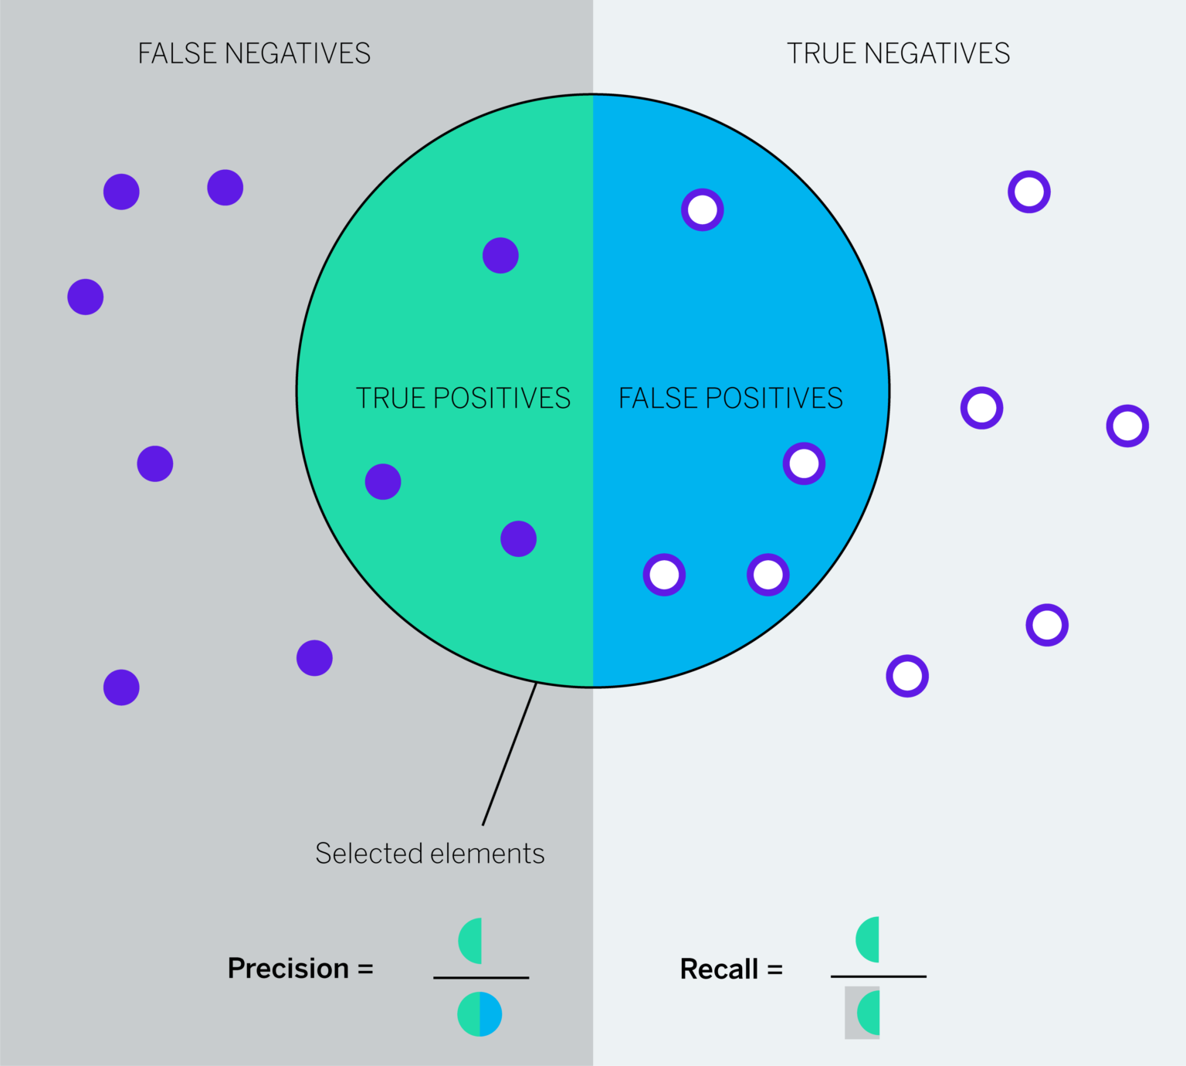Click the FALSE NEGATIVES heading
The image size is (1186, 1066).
tap(254, 53)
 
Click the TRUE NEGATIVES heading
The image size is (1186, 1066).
tap(898, 53)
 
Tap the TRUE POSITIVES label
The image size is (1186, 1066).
tap(463, 398)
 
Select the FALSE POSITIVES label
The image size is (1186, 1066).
tap(730, 398)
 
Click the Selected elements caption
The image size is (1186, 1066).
tap(429, 854)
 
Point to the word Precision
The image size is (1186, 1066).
tap(288, 968)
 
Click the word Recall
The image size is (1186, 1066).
tap(719, 969)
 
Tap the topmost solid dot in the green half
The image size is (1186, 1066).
tap(500, 255)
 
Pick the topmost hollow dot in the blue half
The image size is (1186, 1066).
tap(702, 209)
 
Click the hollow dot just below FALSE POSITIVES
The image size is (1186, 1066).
tap(804, 463)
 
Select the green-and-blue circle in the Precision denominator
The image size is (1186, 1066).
tap(479, 1014)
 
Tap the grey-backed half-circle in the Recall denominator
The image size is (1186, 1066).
tap(863, 1013)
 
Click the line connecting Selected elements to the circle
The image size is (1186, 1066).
tap(510, 754)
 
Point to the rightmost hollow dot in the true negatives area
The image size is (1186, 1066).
tap(1127, 426)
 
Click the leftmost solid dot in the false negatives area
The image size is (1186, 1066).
tap(86, 297)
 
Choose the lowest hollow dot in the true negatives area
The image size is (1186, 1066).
tap(907, 676)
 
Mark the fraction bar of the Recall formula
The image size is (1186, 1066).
tap(878, 976)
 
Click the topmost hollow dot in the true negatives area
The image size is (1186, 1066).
tap(1029, 192)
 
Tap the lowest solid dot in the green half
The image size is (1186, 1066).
tap(518, 538)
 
